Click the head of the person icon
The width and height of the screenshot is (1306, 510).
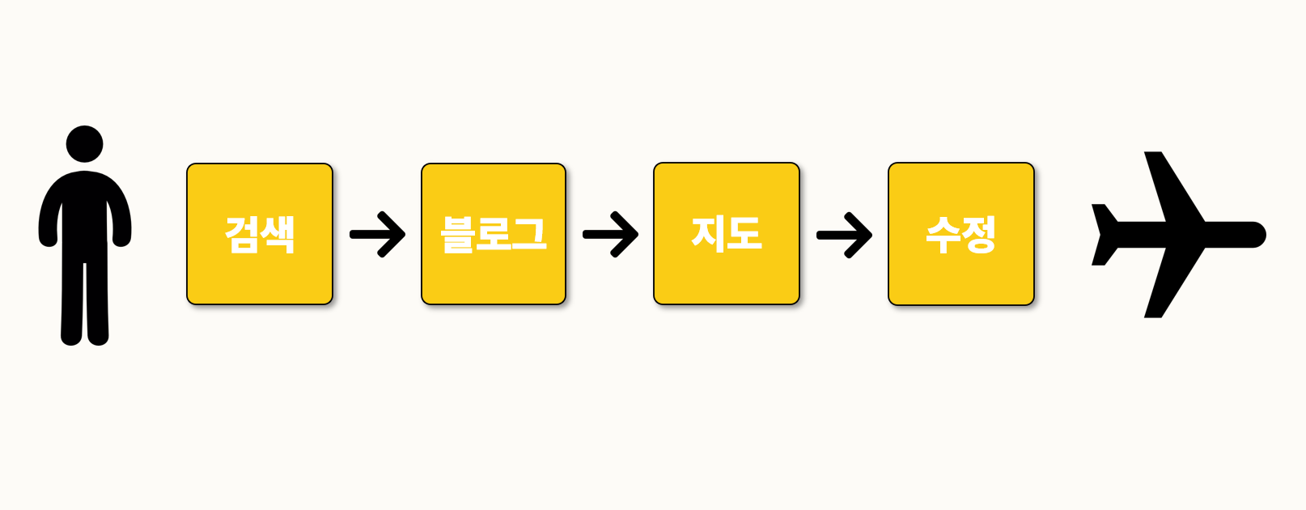coord(84,144)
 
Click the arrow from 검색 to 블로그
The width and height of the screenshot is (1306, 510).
coord(377,235)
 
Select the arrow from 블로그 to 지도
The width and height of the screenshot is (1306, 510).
coord(610,235)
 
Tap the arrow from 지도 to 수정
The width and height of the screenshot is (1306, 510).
coord(844,235)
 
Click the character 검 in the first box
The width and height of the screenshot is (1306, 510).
coord(242,236)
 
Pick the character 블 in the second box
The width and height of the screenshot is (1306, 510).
coord(457,235)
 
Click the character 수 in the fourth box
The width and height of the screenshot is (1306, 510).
coord(943,235)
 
